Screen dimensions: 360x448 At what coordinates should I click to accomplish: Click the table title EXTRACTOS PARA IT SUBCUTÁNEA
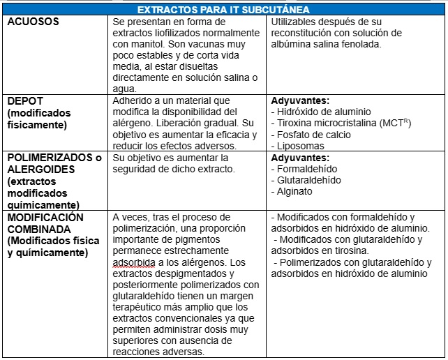(x=223, y=10)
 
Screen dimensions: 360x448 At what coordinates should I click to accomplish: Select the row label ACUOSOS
(x=33, y=22)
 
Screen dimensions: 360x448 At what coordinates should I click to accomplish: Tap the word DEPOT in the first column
(x=25, y=100)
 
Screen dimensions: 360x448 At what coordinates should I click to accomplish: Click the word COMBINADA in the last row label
(x=39, y=230)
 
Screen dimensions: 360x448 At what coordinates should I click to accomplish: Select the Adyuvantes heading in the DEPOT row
(x=299, y=100)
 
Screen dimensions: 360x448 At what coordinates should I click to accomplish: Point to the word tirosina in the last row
(x=345, y=250)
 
